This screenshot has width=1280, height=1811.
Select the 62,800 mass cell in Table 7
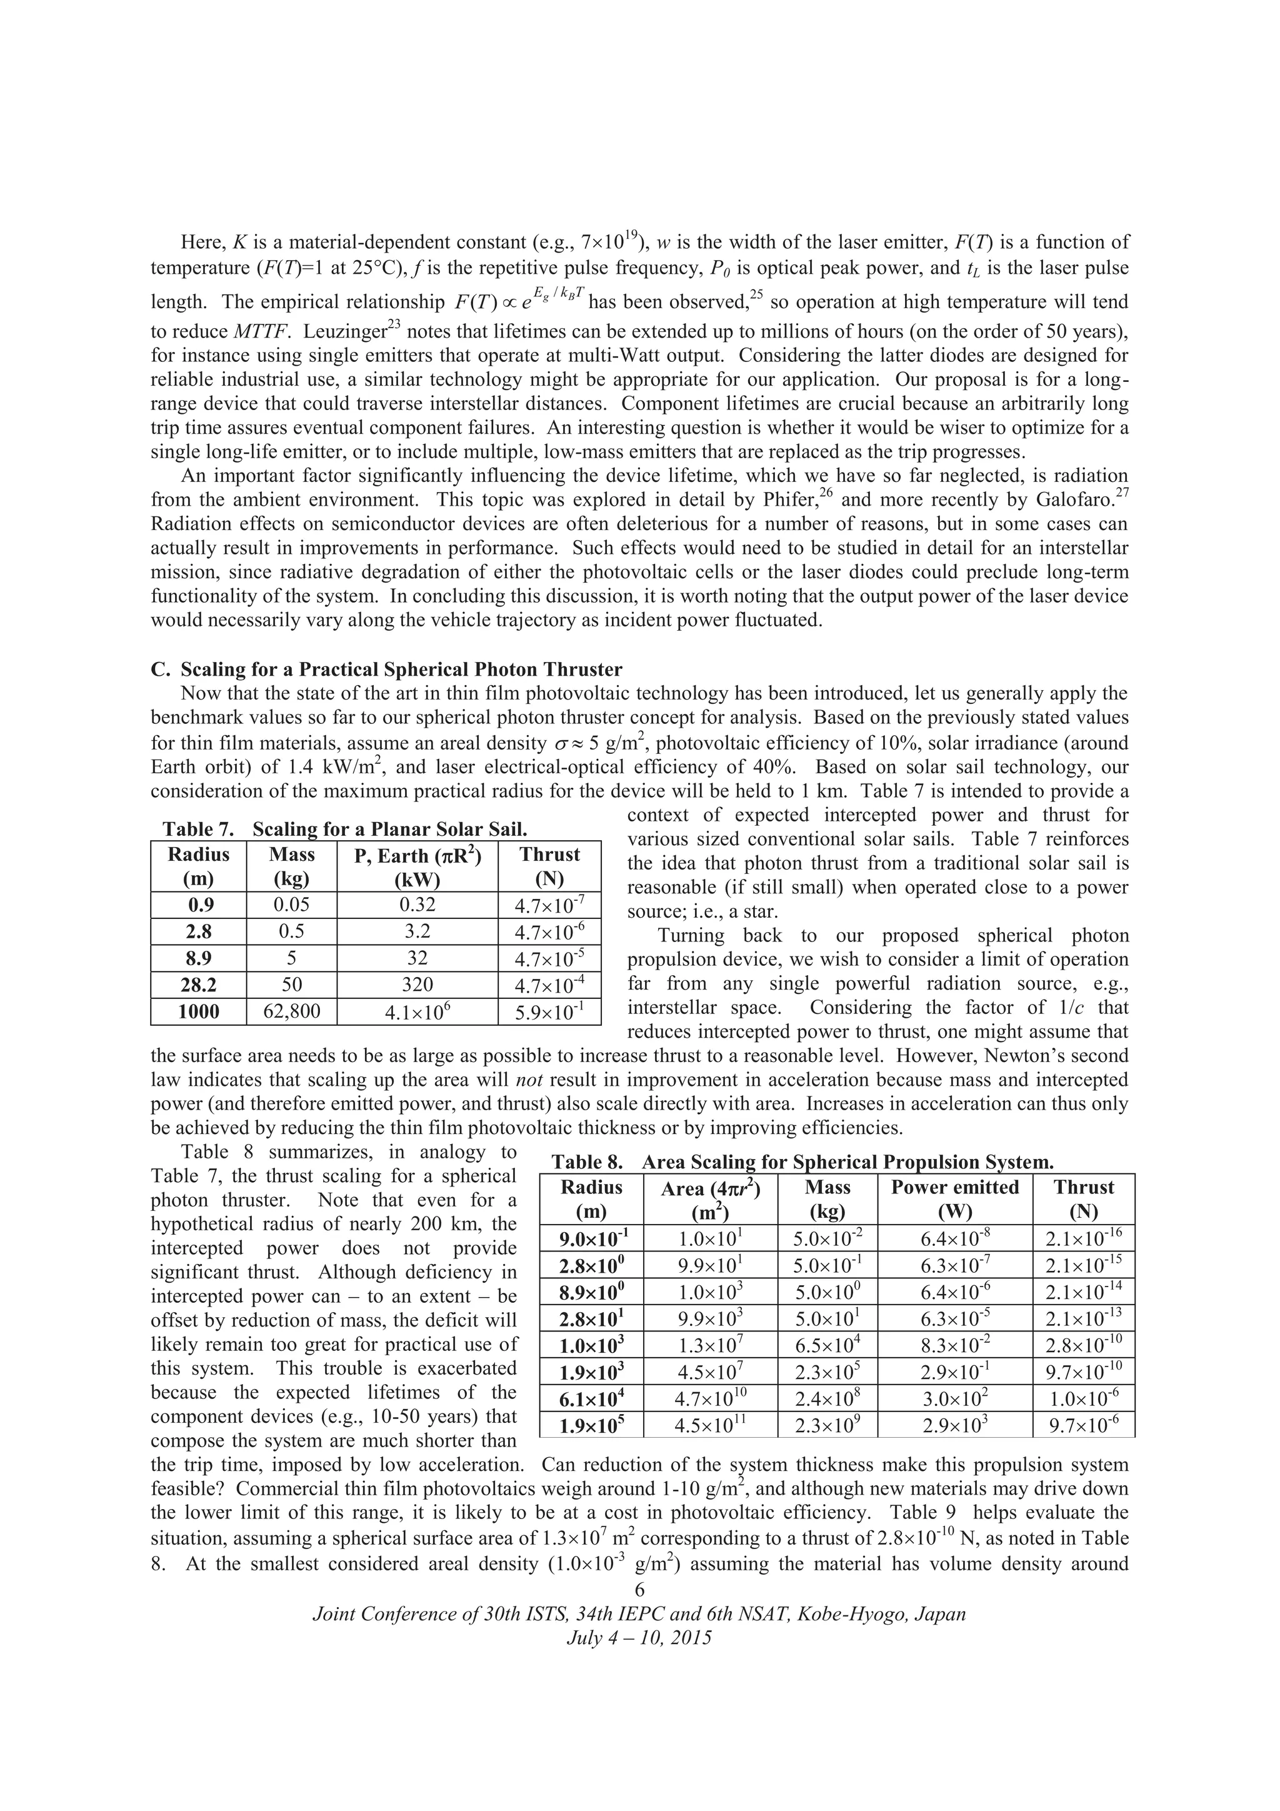click(291, 1011)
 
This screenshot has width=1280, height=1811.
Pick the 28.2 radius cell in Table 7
click(198, 985)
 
